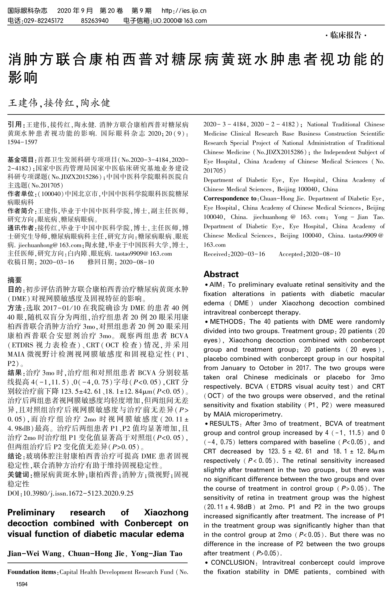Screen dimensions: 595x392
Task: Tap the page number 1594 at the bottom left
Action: [22, 585]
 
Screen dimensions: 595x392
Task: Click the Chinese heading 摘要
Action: [15, 280]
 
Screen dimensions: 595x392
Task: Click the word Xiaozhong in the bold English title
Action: [166, 512]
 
